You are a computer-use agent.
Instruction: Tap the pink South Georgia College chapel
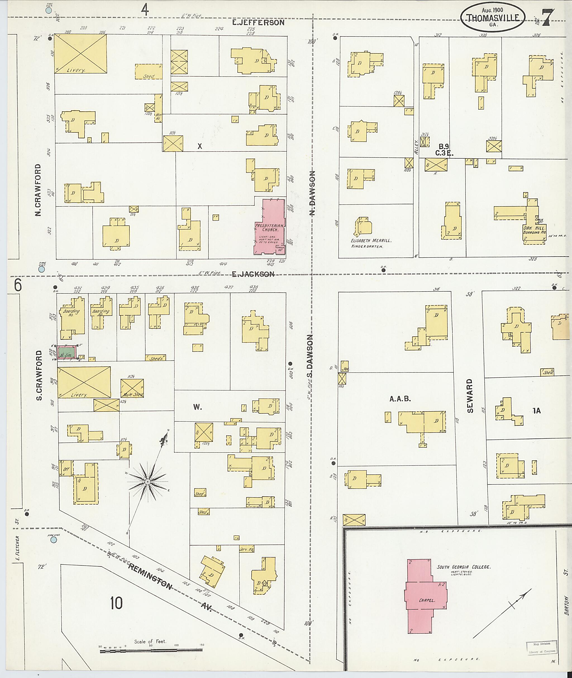[x=425, y=600]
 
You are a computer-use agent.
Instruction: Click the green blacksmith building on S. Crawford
[x=67, y=352]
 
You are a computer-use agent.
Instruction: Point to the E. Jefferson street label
[x=258, y=22]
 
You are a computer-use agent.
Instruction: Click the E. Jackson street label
[x=253, y=274]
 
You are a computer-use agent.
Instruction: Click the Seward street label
[x=470, y=396]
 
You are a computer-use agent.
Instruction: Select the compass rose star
[x=147, y=482]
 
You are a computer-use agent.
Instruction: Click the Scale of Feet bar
[x=151, y=650]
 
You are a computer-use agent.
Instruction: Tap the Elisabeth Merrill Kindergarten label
[x=371, y=243]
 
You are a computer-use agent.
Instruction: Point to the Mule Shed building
[x=132, y=388]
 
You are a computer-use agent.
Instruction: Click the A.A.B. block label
[x=400, y=399]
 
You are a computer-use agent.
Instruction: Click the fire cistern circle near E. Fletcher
[x=54, y=540]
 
